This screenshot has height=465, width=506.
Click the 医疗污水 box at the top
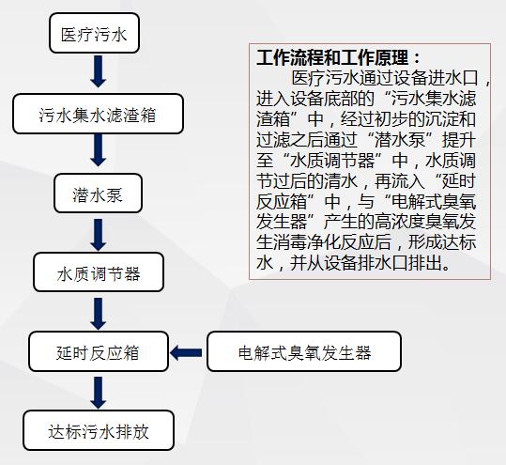tap(94, 33)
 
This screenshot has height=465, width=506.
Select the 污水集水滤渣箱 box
tap(98, 114)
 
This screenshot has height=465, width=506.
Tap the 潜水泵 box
tap(98, 194)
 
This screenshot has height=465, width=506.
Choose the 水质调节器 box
tap(99, 272)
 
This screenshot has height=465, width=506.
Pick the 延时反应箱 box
tap(99, 351)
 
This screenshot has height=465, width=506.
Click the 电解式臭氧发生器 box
tap(304, 351)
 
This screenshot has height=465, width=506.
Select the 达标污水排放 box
tap(99, 430)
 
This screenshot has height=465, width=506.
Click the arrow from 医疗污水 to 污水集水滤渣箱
tap(98, 71)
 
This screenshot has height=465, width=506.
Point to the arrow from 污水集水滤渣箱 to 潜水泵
tap(98, 150)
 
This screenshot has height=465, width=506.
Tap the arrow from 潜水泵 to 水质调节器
tap(98, 235)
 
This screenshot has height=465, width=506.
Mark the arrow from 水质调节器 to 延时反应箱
tap(98, 314)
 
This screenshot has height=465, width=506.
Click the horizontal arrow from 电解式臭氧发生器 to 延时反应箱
tap(186, 352)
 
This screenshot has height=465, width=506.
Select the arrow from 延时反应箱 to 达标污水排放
tap(98, 393)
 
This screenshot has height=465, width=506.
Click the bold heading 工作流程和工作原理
tap(332, 58)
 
